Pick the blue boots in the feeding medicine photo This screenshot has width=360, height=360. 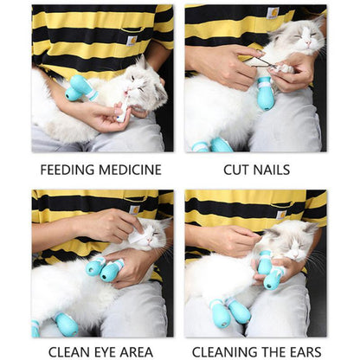point(80,87)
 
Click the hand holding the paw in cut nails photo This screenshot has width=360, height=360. point(292,73)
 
